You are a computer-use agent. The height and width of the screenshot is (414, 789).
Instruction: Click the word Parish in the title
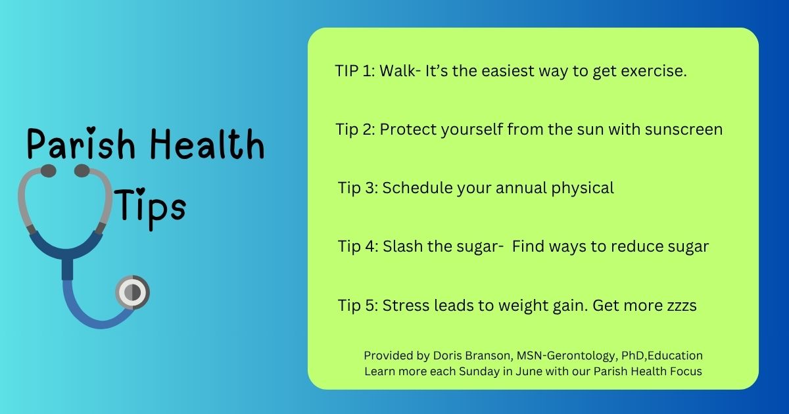click(81, 144)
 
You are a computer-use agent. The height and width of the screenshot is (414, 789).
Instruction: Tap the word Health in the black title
click(208, 144)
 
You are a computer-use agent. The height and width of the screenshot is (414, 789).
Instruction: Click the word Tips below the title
click(150, 208)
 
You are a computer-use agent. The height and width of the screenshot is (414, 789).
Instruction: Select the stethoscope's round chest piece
click(132, 292)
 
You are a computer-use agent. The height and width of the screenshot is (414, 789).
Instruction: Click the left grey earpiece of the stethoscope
click(48, 171)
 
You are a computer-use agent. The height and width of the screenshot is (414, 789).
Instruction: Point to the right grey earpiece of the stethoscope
click(82, 171)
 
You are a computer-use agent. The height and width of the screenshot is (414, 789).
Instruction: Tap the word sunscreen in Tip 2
click(684, 129)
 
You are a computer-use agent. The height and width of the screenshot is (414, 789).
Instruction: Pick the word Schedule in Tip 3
click(418, 188)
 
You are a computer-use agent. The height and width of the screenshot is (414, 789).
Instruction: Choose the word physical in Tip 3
click(583, 189)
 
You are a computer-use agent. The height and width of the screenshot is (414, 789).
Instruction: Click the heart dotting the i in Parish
click(91, 129)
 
